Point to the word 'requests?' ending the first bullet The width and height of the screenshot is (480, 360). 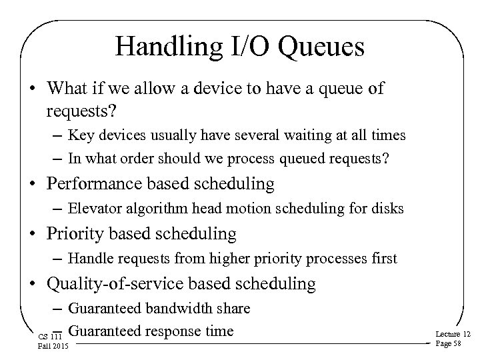pyautogui.click(x=79, y=109)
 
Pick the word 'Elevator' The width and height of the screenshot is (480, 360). pyautogui.click(x=93, y=209)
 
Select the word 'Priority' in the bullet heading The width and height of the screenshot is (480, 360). pyautogui.click(x=75, y=233)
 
